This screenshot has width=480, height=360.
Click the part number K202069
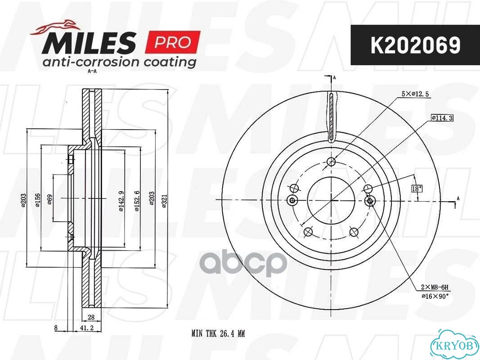[415, 45]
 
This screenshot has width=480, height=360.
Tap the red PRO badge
[173, 42]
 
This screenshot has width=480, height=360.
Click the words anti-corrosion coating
[119, 62]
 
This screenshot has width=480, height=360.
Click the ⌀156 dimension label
[37, 200]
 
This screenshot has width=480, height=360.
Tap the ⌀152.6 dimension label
[137, 201]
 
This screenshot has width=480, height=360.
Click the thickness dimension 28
[91, 317]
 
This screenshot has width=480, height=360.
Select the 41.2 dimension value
[86, 328]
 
